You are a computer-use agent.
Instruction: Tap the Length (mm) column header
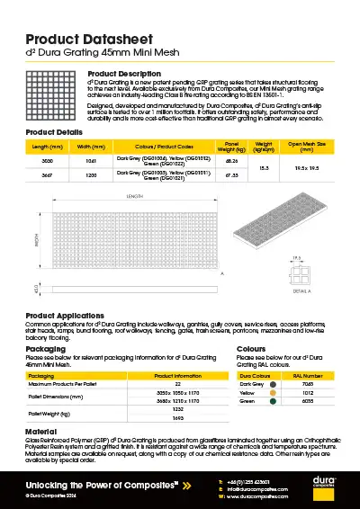(x=48, y=146)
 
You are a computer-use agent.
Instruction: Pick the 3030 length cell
(x=48, y=159)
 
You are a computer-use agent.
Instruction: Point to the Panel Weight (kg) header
(x=231, y=146)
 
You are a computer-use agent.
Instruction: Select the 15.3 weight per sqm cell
(x=264, y=167)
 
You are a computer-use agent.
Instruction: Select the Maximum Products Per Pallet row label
(x=63, y=385)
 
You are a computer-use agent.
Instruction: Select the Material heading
(x=40, y=432)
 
